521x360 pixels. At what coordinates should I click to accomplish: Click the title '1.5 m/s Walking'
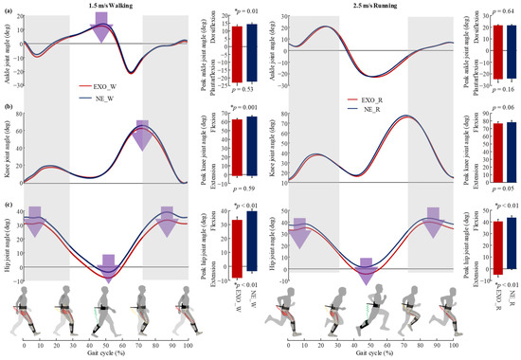(x=105, y=7)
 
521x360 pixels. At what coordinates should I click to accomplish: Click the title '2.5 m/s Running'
(x=379, y=7)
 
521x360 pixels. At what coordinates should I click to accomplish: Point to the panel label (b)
(x=7, y=108)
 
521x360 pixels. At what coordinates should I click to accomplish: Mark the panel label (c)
(x=7, y=204)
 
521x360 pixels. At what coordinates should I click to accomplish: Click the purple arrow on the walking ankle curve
(x=100, y=28)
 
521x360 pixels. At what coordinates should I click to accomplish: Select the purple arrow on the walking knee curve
(x=142, y=135)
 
